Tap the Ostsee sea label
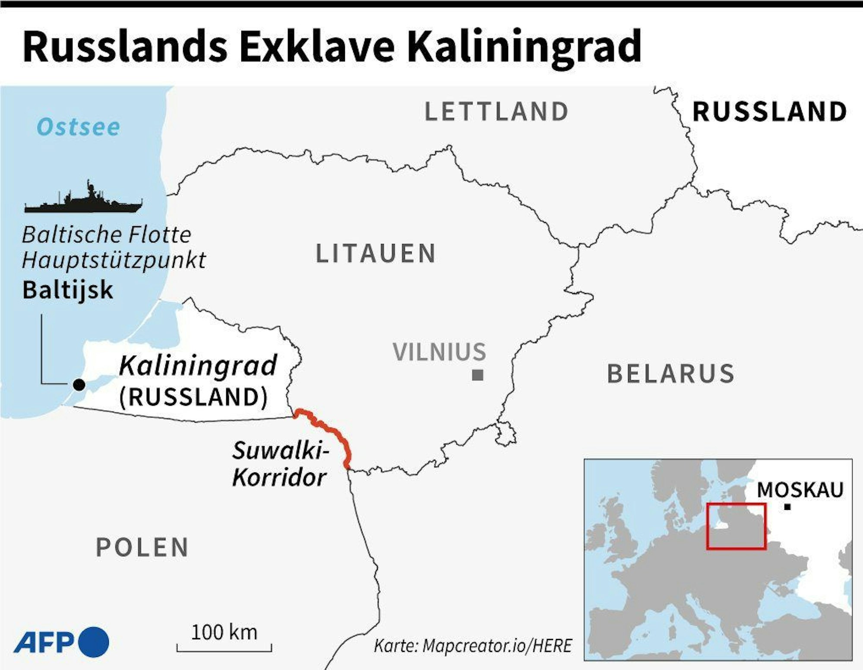(78, 127)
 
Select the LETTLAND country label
(496, 111)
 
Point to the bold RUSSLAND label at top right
(769, 111)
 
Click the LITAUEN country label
(376, 253)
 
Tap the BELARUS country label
(671, 374)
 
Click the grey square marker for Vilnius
(477, 375)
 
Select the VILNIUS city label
(439, 351)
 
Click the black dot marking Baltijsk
(79, 385)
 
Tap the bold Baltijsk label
(68, 290)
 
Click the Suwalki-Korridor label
(280, 464)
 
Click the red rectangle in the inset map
(737, 526)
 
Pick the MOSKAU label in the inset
(800, 490)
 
